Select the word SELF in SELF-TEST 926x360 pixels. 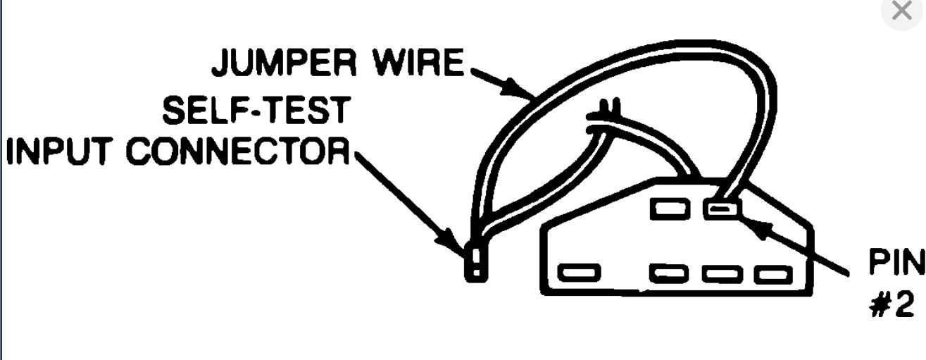[204, 111]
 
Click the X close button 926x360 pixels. [902, 11]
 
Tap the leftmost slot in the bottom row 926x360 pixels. [578, 272]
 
